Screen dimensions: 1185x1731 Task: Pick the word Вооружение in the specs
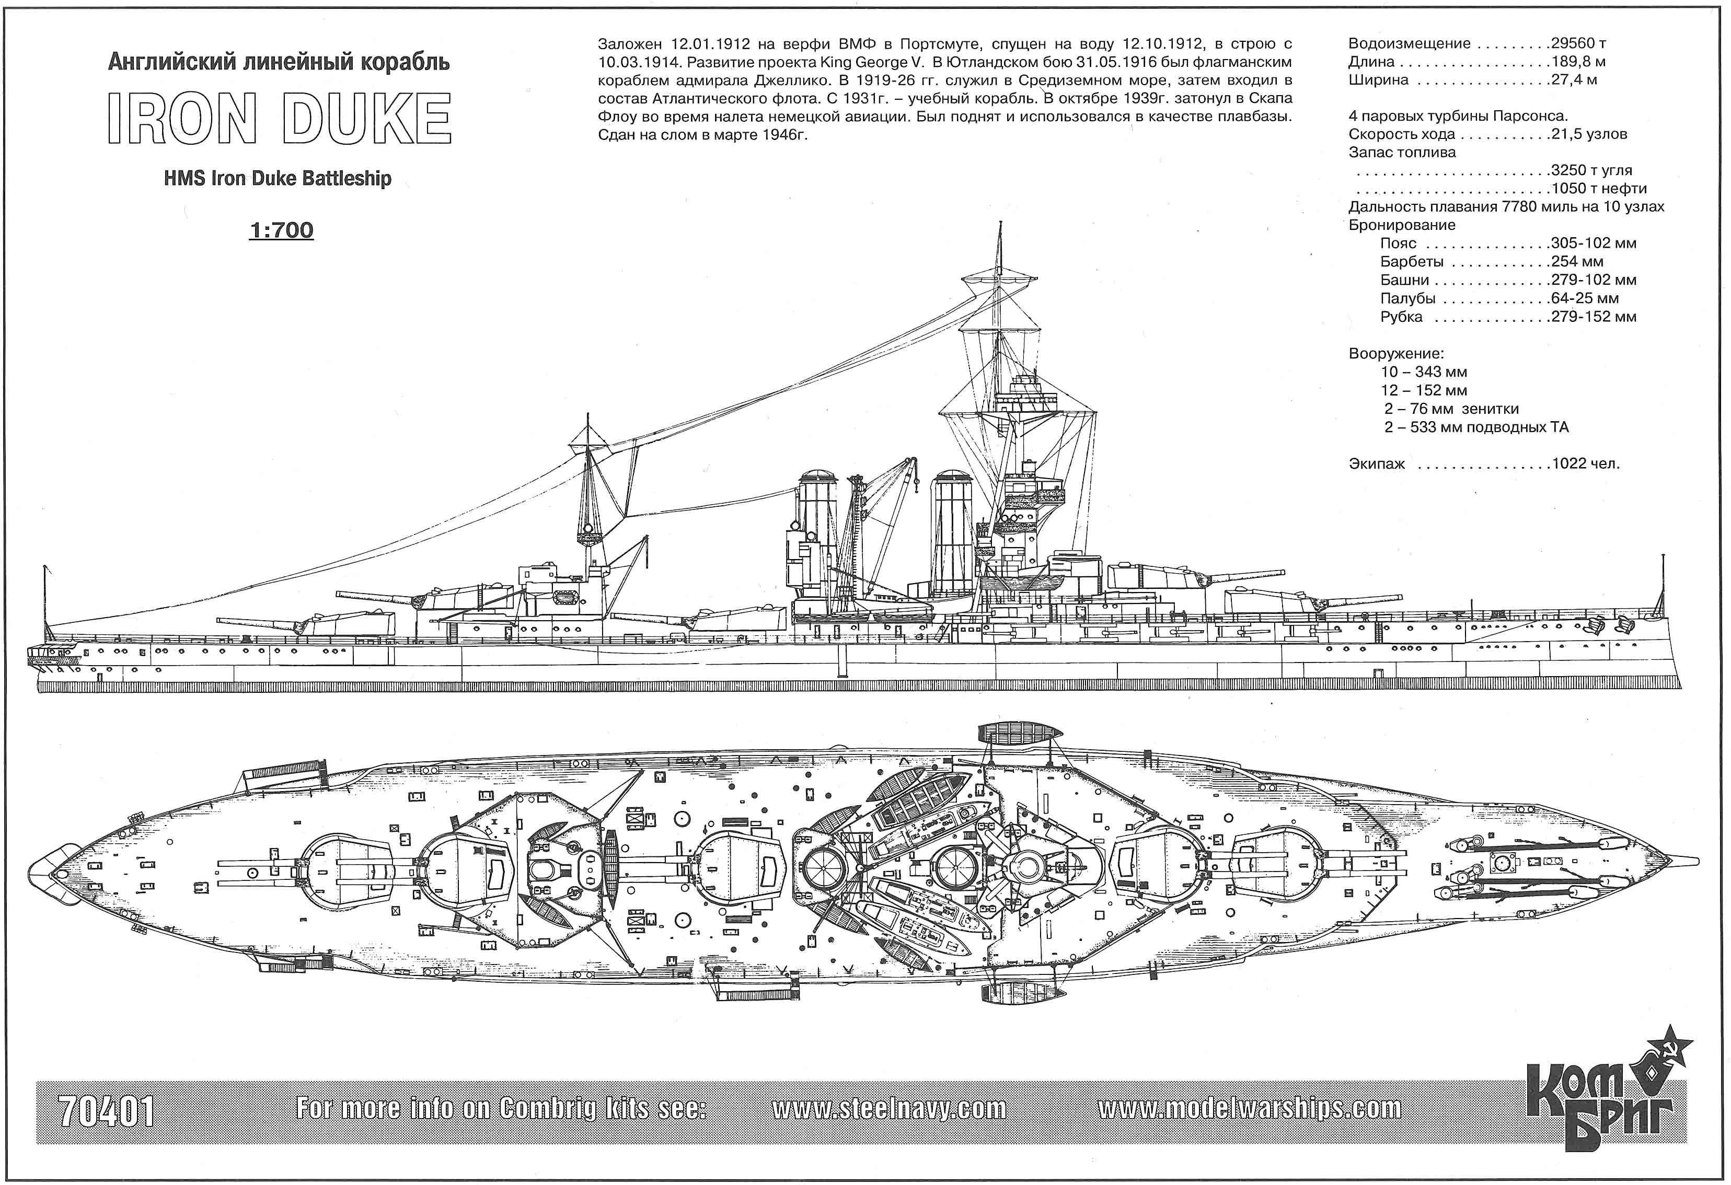(x=1396, y=354)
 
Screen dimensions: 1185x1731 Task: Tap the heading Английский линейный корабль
(x=279, y=63)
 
